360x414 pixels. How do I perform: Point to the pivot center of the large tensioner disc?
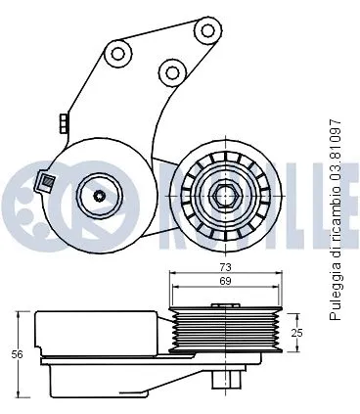pyautogui.click(x=99, y=196)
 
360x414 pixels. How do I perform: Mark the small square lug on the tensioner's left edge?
pyautogui.click(x=44, y=180)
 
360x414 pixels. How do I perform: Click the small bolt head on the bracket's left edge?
pyautogui.click(x=63, y=122)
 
